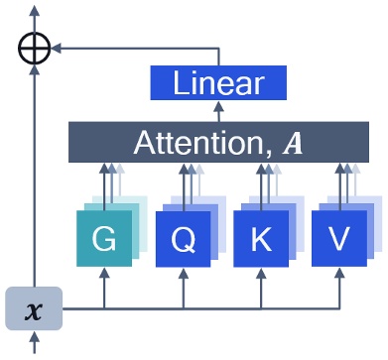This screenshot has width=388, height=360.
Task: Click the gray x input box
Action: click(34, 308)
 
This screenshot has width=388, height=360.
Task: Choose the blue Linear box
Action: click(219, 83)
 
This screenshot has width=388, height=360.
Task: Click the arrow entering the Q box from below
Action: click(183, 286)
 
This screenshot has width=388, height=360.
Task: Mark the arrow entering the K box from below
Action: click(261, 286)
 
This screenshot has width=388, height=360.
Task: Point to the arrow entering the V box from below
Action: click(339, 286)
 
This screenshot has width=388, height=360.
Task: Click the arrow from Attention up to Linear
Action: click(219, 111)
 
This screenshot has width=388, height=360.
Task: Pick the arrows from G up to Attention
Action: click(106, 183)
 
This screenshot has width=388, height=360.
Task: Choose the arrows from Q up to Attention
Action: click(186, 183)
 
